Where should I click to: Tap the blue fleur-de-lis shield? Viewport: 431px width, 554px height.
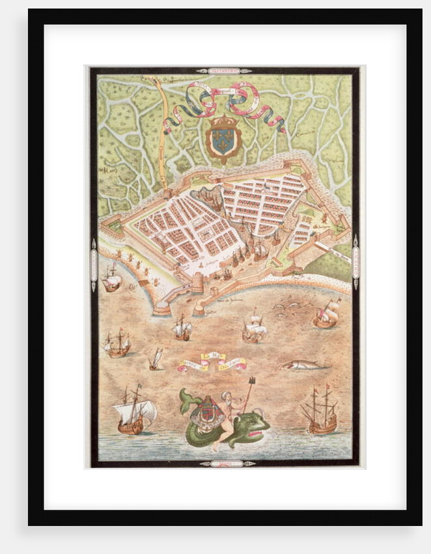pyautogui.click(x=223, y=139)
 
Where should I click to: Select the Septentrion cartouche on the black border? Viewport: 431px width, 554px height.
pyautogui.click(x=224, y=70)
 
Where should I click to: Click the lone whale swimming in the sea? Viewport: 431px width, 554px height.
pyautogui.click(x=303, y=365)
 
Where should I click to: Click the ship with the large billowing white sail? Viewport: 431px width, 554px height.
pyautogui.click(x=135, y=412)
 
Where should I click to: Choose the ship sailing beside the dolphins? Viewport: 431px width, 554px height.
pyautogui.click(x=326, y=314)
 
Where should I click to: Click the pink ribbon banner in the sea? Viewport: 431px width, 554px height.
pyautogui.click(x=214, y=362)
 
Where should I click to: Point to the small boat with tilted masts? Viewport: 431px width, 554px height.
pyautogui.click(x=156, y=358)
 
